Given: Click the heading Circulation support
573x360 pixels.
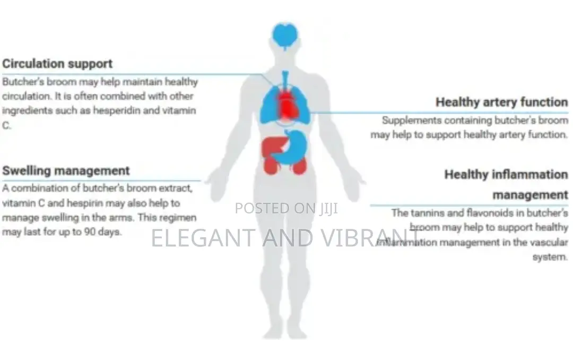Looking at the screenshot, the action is tap(57, 64).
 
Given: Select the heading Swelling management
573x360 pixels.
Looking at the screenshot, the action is tap(66, 171).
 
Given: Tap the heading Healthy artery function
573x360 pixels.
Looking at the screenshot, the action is tap(502, 102).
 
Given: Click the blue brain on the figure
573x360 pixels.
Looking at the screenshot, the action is tap(285, 36).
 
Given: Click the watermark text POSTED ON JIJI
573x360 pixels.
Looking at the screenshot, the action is tap(286, 208).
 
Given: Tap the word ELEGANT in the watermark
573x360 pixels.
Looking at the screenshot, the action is tap(203, 237).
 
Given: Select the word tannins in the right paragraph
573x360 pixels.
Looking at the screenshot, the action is tap(424, 213).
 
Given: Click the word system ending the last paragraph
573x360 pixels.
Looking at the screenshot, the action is tap(550, 257).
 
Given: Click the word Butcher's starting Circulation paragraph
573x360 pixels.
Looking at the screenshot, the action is tap(23, 82).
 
